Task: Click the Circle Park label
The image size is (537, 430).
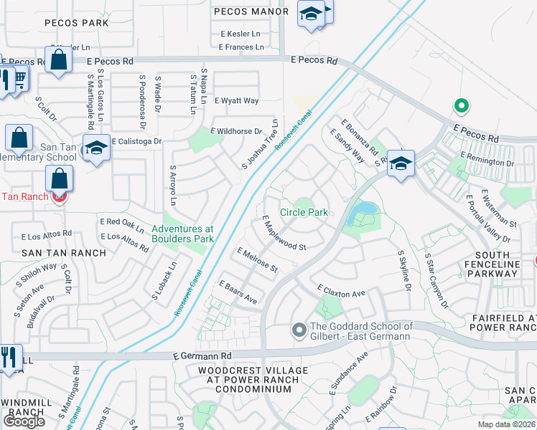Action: [304, 213]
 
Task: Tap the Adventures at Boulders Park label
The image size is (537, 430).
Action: [183, 234]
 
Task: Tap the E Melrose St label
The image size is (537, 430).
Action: [257, 260]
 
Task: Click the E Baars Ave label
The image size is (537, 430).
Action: [238, 291]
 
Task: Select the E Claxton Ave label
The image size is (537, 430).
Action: [342, 290]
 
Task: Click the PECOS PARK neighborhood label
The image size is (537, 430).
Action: [77, 23]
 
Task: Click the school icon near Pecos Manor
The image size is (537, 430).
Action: [310, 14]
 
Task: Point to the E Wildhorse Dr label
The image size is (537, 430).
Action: [236, 131]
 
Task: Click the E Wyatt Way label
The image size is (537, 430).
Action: [236, 101]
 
